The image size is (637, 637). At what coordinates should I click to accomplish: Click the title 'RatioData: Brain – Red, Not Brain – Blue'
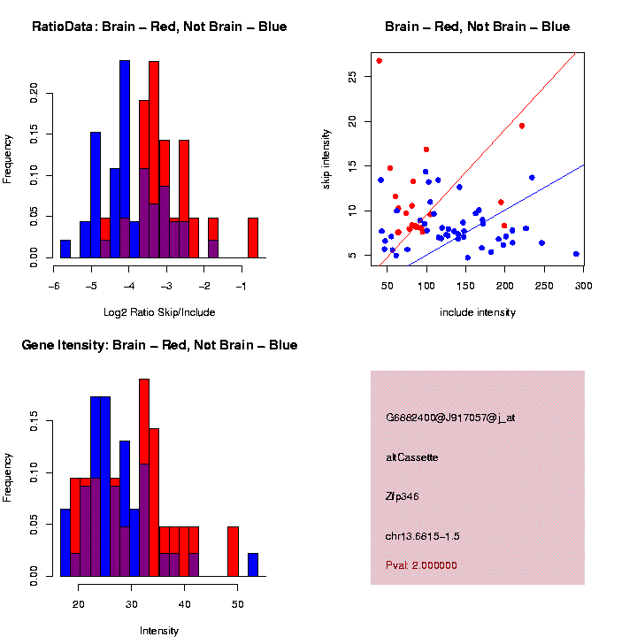click(159, 27)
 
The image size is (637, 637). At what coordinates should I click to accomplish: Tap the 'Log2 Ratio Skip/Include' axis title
click(159, 311)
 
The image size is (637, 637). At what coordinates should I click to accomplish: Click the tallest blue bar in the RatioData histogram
click(125, 159)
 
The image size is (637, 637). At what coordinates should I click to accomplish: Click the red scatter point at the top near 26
click(379, 61)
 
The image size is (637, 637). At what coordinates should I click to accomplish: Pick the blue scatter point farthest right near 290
click(576, 254)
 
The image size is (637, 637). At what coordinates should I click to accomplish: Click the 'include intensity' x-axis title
click(478, 311)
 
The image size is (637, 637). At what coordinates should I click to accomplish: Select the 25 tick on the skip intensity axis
click(353, 79)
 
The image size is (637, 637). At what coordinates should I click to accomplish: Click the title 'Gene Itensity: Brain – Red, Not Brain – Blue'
click(159, 344)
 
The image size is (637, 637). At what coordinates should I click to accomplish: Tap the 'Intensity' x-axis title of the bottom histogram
click(159, 631)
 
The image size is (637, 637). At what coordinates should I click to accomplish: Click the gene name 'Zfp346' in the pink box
click(403, 496)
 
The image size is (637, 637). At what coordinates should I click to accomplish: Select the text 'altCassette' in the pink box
click(412, 457)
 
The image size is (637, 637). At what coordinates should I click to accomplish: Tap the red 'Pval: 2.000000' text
click(421, 564)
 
